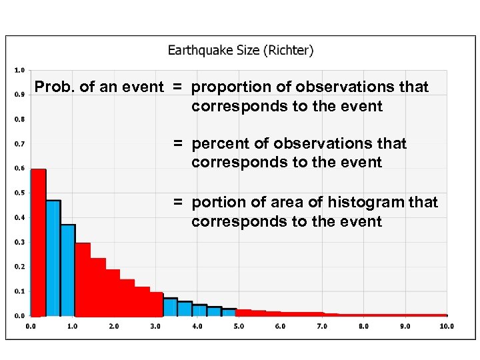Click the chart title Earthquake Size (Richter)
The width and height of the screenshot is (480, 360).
[240, 50]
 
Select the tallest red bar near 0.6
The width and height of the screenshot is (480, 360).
[38, 243]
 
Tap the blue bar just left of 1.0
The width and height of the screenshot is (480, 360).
[67, 271]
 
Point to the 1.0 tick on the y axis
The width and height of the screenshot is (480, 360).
[19, 69]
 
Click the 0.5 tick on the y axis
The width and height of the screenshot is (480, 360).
[19, 193]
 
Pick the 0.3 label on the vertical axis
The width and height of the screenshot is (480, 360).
[19, 242]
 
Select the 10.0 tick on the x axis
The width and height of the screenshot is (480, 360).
[446, 326]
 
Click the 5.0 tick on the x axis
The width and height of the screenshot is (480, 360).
[239, 326]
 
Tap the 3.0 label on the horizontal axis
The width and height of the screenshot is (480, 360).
[155, 326]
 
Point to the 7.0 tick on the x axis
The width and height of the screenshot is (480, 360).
[321, 326]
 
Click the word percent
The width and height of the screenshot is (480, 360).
[217, 143]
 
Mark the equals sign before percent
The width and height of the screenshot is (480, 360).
[179, 143]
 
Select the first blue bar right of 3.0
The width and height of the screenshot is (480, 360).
[170, 307]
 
